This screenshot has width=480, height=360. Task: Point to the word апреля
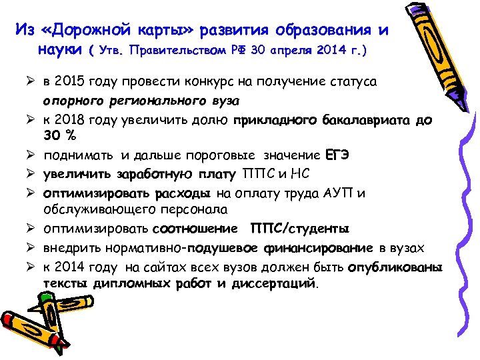[296, 51]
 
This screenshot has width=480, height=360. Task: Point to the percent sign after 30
[69, 137]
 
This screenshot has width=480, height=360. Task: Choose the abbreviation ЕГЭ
[337, 155]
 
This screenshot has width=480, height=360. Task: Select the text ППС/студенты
[299, 229]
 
